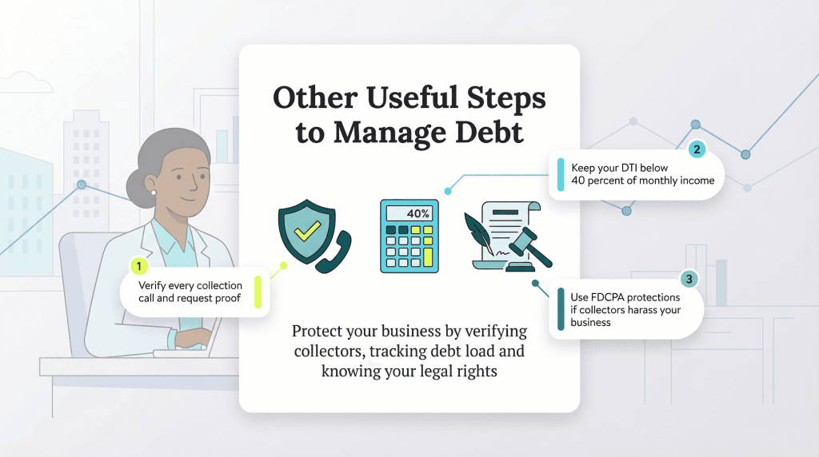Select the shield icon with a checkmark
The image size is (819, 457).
coord(304,232)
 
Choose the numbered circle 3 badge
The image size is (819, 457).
coord(689,279)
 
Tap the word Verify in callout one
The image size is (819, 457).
coord(154,285)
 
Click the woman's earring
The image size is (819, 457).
coord(154,192)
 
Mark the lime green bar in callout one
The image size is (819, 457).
coord(258,292)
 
